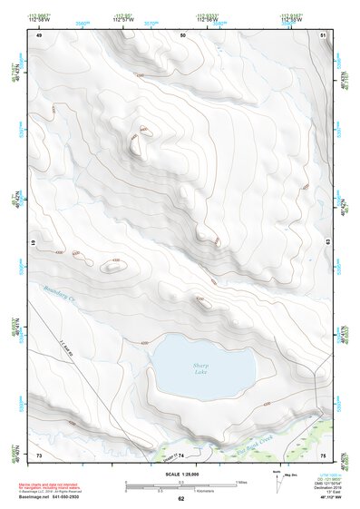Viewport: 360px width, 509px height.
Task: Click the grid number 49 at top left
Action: [x=39, y=34]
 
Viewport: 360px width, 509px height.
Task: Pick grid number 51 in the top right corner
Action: [x=323, y=34]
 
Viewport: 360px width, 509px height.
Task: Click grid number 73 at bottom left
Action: [x=39, y=454]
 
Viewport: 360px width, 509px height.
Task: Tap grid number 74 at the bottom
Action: [x=181, y=454]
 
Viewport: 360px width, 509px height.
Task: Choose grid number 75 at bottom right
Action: [x=323, y=454]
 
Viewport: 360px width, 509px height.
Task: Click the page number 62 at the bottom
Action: [x=180, y=498]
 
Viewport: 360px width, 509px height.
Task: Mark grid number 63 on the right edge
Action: [x=323, y=244]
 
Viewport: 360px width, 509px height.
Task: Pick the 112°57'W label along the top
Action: [x=124, y=18]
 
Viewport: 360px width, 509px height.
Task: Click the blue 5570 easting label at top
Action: [x=151, y=24]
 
